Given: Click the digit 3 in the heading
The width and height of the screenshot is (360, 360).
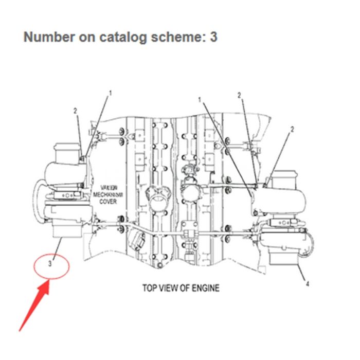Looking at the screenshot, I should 213,37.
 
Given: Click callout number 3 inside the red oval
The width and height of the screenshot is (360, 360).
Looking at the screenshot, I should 50,264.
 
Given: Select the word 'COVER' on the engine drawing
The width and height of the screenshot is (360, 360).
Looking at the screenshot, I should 108,202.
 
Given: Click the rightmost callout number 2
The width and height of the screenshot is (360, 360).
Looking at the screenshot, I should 292,129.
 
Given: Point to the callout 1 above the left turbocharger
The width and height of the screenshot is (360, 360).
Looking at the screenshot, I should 110,94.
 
